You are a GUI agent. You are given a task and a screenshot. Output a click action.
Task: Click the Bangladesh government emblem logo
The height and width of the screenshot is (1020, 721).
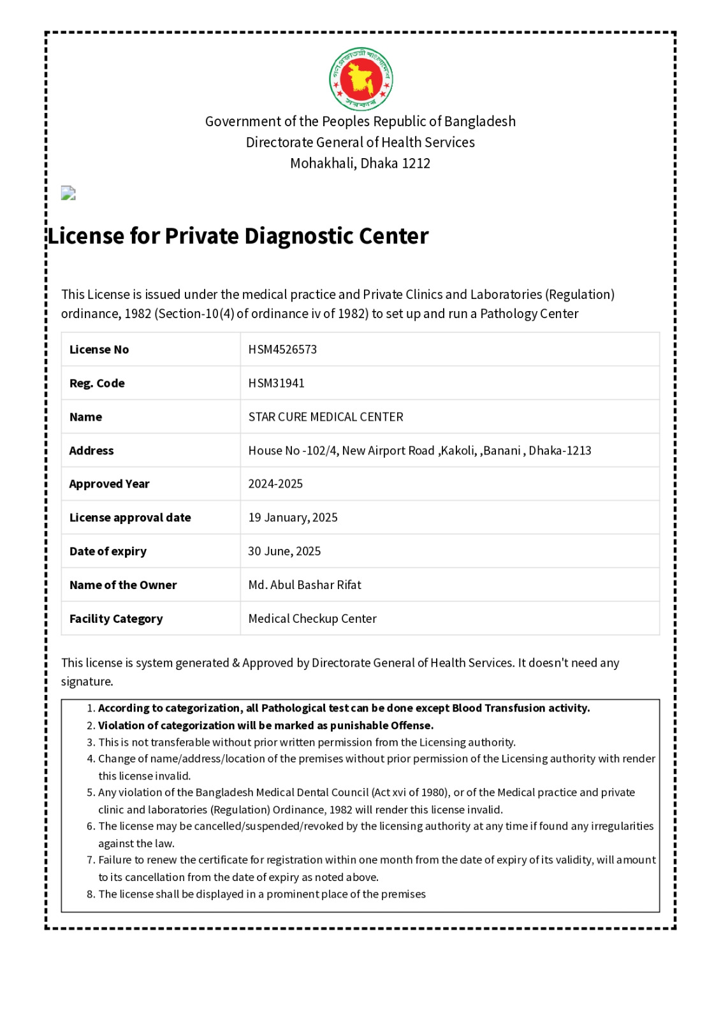[x=361, y=79]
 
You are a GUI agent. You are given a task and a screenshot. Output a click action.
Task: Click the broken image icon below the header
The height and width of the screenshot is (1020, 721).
[x=68, y=193]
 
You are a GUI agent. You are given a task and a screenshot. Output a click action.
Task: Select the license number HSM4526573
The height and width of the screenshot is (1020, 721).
[x=282, y=349]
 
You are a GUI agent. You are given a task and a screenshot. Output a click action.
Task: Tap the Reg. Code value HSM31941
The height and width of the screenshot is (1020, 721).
[x=276, y=383]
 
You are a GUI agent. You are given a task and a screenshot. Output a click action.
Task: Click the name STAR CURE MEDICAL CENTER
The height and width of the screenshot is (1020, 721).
[x=326, y=417]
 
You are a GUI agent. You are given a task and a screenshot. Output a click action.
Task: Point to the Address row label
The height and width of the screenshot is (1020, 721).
[x=91, y=451]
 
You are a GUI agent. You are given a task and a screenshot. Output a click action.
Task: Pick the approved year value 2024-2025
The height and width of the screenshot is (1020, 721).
[x=275, y=484]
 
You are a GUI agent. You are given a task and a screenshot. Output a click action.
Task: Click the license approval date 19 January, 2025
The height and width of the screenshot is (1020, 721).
[x=293, y=518]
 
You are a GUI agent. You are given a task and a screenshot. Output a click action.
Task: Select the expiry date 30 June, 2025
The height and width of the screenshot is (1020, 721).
[x=284, y=551]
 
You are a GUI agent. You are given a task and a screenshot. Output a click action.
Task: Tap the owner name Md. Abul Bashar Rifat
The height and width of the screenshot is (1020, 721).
[x=305, y=585]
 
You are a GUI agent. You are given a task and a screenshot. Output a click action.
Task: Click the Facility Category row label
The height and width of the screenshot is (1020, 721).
[x=116, y=619]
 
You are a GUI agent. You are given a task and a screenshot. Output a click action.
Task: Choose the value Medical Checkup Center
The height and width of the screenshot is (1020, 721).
[x=312, y=619]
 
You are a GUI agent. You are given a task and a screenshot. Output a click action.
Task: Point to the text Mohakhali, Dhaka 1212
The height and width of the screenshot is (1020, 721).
[x=360, y=163]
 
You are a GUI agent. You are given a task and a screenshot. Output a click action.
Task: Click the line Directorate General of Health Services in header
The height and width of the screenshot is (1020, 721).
[x=360, y=142]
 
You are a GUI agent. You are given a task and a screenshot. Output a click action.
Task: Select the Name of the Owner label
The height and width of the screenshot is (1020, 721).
[x=123, y=585]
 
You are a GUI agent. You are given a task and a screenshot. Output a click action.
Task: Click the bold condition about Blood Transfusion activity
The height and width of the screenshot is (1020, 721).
[x=344, y=708]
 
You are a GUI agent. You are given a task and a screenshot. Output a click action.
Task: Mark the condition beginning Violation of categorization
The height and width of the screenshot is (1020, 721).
[x=265, y=725]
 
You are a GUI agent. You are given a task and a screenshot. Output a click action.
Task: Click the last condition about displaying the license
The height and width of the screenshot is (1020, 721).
[x=261, y=894]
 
